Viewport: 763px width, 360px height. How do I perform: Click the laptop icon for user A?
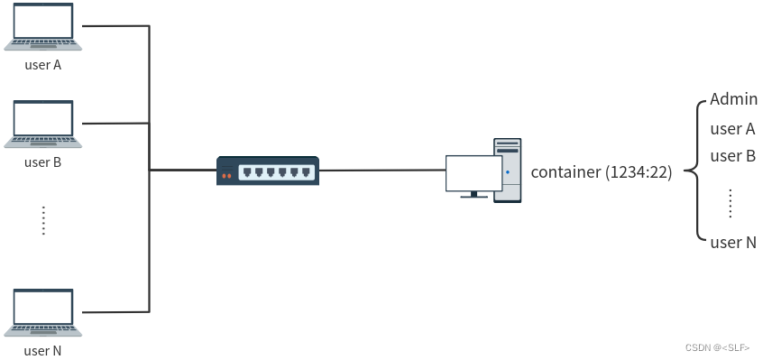pyautogui.click(x=42, y=26)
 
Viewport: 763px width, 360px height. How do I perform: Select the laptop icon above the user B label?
pyautogui.click(x=42, y=124)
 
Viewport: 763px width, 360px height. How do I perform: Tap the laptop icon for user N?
pyautogui.click(x=42, y=312)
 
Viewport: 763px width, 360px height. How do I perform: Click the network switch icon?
pyautogui.click(x=268, y=171)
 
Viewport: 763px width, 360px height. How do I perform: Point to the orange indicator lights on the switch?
pyautogui.click(x=226, y=176)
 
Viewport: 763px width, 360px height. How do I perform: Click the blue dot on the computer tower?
pyautogui.click(x=508, y=172)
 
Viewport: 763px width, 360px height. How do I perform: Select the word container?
pyautogui.click(x=565, y=172)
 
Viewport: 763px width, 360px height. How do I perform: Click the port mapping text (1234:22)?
pyautogui.click(x=639, y=172)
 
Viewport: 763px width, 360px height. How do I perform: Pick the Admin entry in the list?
pyautogui.click(x=733, y=99)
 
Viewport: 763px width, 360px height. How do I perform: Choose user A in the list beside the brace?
pyautogui.click(x=733, y=129)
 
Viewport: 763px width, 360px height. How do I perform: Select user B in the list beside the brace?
pyautogui.click(x=733, y=156)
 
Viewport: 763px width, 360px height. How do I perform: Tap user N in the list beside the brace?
pyautogui.click(x=733, y=243)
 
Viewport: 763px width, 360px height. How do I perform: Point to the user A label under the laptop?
pyautogui.click(x=42, y=65)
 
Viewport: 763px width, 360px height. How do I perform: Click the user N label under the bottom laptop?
pyautogui.click(x=42, y=351)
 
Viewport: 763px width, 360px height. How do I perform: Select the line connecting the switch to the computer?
pyautogui.click(x=382, y=171)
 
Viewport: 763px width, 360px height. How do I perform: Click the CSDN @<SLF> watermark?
pyautogui.click(x=718, y=347)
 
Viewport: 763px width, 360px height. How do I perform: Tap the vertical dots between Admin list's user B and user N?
pyautogui.click(x=731, y=203)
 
